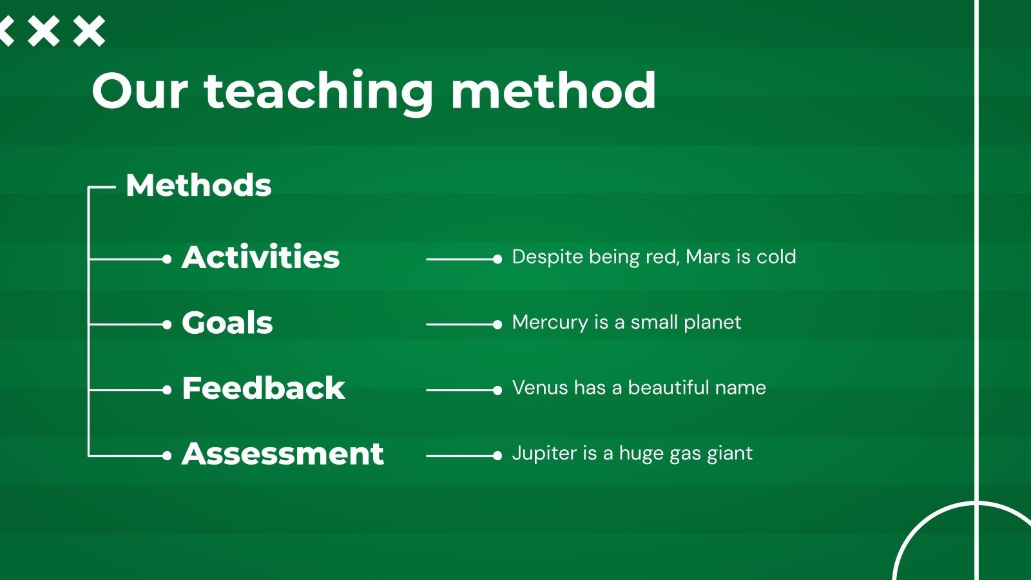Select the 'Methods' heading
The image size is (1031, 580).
(199, 186)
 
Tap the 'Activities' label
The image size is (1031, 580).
(260, 257)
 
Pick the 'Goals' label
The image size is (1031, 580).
(227, 322)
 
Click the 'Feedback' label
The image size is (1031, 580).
(264, 387)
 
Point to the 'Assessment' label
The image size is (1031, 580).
(283, 454)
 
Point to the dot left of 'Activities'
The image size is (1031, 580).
(167, 260)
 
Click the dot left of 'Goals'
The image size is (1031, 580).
(167, 325)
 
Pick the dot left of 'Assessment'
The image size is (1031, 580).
(167, 456)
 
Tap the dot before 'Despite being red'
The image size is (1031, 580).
(497, 260)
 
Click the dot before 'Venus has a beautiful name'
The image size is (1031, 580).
(497, 391)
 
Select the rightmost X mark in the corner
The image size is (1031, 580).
(90, 32)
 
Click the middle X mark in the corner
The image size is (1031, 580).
(44, 32)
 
